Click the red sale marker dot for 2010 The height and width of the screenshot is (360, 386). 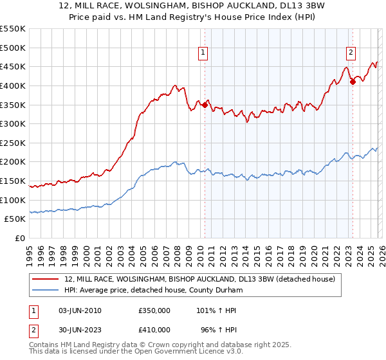click(205, 105)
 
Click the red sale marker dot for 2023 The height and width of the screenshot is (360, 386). click(353, 82)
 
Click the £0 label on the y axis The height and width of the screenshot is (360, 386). click(19, 238)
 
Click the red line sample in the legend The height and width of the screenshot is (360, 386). click(46, 280)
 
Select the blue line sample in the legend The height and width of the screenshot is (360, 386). click(46, 291)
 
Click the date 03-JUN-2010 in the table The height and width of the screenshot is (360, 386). click(80, 310)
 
